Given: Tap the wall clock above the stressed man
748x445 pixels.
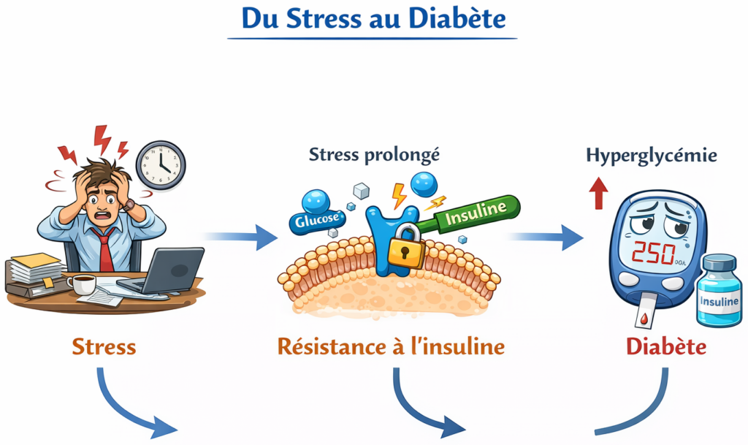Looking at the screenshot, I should (x=161, y=165).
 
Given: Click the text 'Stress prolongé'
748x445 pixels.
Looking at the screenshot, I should (x=374, y=155).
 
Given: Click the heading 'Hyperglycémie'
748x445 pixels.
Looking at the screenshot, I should (x=651, y=156).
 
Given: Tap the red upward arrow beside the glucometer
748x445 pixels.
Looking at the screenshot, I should (x=600, y=194).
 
